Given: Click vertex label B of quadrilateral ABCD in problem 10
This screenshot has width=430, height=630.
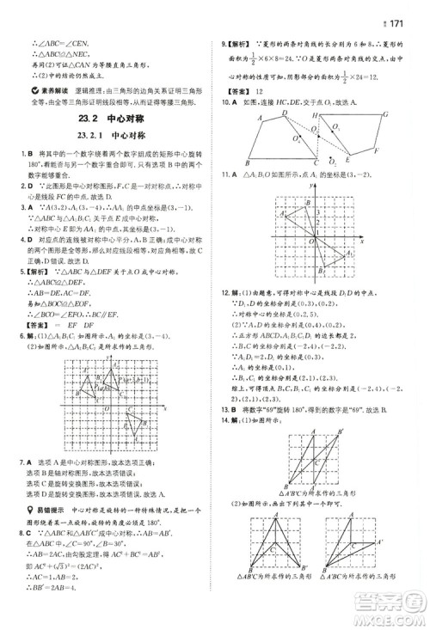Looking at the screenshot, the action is [x=247, y=164].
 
